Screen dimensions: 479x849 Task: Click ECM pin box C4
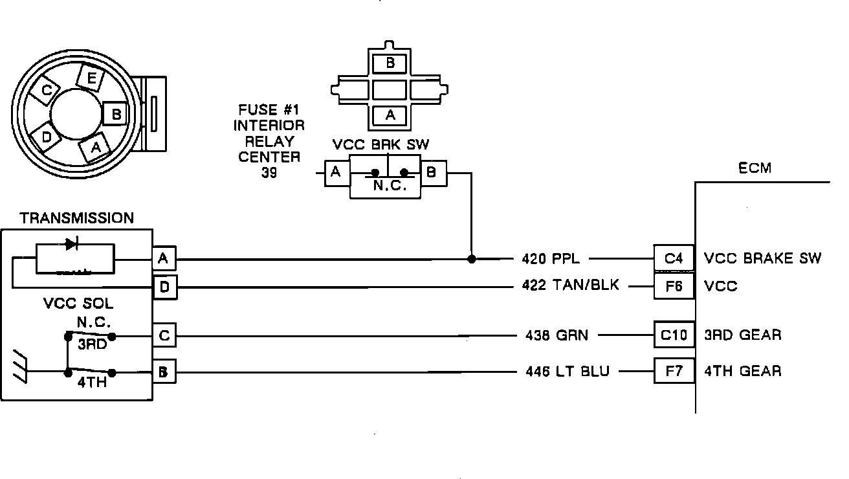pyautogui.click(x=674, y=258)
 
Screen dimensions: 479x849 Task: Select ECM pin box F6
pyautogui.click(x=674, y=285)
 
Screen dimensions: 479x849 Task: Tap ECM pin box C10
pyautogui.click(x=674, y=335)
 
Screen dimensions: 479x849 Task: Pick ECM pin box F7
pyautogui.click(x=674, y=371)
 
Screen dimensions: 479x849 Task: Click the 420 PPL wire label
pyautogui.click(x=551, y=259)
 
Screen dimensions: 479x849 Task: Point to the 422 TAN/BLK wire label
pyautogui.click(x=570, y=285)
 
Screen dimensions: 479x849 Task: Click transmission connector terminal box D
pyautogui.click(x=164, y=287)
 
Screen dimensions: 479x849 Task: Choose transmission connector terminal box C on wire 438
pyautogui.click(x=164, y=335)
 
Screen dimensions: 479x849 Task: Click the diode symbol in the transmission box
pyautogui.click(x=71, y=244)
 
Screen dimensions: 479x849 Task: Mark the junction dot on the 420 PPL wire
pyautogui.click(x=472, y=259)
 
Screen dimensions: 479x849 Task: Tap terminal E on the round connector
pyautogui.click(x=91, y=79)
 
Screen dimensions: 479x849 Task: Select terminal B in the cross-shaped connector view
pyautogui.click(x=390, y=63)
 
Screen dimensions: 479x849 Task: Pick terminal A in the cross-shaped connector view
pyautogui.click(x=390, y=115)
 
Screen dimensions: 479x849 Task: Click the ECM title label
pyautogui.click(x=755, y=168)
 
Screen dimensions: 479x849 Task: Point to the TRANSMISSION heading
pyautogui.click(x=76, y=218)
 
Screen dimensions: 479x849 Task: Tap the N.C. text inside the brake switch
pyautogui.click(x=388, y=186)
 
